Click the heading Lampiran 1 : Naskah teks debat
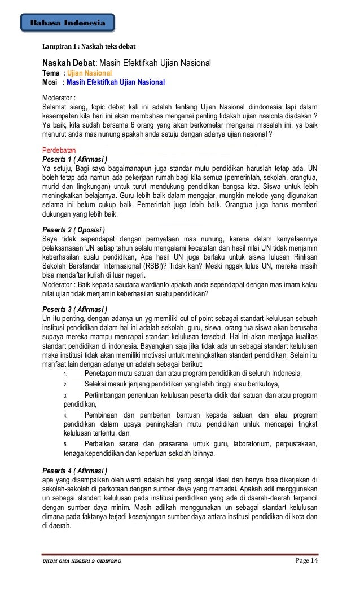click(89, 45)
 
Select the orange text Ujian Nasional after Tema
click(90, 73)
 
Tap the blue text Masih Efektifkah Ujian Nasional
click(115, 82)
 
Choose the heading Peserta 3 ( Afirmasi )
click(75, 310)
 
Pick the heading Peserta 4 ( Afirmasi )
click(75, 469)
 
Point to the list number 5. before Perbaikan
click(65, 444)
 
